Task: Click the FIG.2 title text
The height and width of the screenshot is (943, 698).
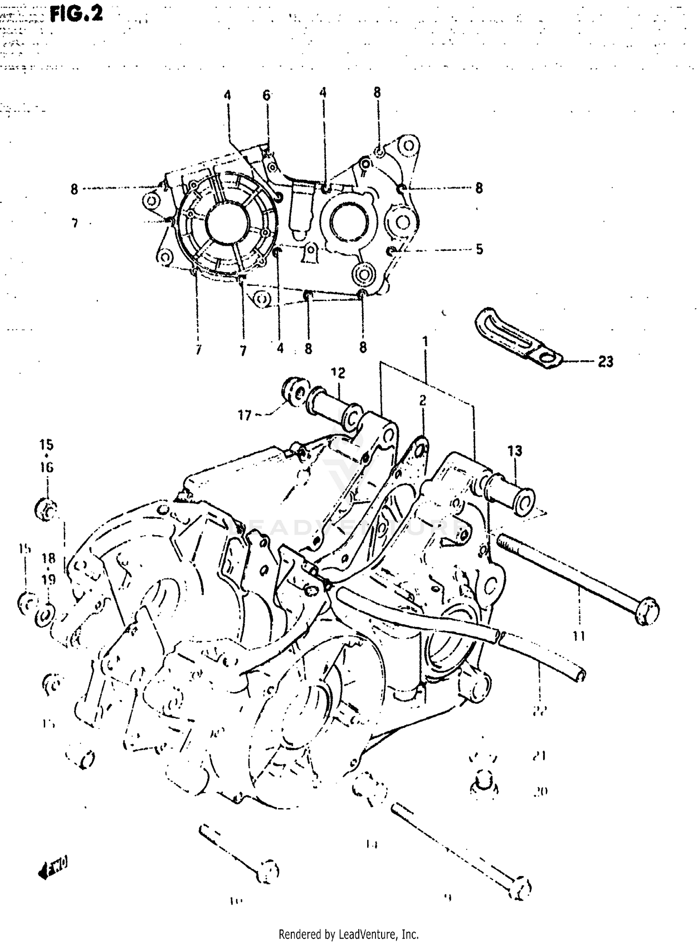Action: tap(76, 14)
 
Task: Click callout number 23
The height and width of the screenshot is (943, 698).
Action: tap(605, 361)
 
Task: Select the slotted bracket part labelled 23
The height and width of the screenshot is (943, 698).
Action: tap(516, 338)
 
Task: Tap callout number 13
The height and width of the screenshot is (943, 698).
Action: tap(515, 451)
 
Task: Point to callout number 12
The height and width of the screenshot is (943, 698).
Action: tap(338, 373)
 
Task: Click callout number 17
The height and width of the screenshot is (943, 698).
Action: tap(245, 415)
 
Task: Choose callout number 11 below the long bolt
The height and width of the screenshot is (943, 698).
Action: tap(578, 635)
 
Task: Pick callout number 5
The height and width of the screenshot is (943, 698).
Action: tap(479, 249)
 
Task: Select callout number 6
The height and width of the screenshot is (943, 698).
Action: tap(266, 95)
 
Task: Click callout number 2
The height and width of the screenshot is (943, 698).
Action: tap(423, 400)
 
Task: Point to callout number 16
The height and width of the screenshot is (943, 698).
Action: tap(47, 467)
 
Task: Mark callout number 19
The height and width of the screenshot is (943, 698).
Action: tap(49, 579)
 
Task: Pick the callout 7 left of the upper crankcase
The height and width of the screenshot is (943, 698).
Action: tap(75, 224)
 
